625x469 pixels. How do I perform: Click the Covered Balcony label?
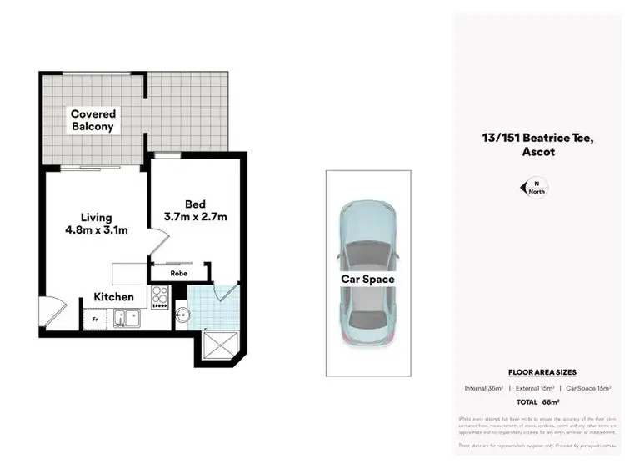click(92, 120)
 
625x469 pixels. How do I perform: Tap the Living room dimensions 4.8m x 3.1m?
click(97, 224)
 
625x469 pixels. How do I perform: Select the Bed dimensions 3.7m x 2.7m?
click(195, 211)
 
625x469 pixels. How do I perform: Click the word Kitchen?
click(113, 296)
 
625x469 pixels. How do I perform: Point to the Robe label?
click(178, 273)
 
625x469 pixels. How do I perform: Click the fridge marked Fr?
click(93, 319)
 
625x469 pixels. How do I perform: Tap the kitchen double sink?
click(127, 318)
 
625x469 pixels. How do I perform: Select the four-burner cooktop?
click(160, 296)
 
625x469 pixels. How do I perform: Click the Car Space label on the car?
click(367, 279)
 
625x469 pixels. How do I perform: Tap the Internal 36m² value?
click(484, 388)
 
